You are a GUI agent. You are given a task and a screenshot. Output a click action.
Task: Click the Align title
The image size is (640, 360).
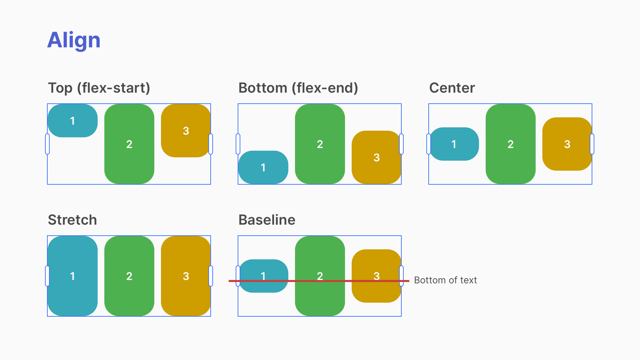pos(74,40)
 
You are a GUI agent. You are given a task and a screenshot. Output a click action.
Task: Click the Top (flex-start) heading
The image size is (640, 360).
pos(99,88)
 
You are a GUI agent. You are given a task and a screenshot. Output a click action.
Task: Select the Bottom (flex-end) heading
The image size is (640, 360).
pos(298,88)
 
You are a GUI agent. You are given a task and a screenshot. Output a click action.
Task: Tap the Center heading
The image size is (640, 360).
pos(452,88)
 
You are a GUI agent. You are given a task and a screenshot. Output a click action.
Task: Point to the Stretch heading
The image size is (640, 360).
pos(72,220)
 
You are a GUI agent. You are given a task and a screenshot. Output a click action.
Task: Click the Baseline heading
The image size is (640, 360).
pos(267,220)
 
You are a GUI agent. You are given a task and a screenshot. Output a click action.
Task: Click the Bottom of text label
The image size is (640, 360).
pos(445,280)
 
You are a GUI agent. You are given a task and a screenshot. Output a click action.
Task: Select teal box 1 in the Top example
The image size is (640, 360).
pos(73,121)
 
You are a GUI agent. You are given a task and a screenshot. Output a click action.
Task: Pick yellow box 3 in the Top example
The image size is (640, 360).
pos(186,131)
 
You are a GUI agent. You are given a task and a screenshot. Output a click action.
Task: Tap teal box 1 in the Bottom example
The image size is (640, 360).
pos(263,167)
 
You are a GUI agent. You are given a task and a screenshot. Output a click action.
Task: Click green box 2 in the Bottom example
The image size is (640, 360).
pos(320,144)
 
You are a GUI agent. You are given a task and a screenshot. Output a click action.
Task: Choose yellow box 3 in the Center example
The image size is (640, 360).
pos(567,144)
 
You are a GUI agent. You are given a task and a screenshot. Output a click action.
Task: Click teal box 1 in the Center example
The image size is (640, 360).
pos(454,144)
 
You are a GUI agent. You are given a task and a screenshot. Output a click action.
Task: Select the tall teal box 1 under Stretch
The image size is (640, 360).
pos(73,276)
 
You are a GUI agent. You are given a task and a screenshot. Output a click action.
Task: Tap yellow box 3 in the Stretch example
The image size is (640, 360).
pos(186,276)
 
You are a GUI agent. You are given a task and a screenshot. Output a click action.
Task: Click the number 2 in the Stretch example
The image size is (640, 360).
pos(129,276)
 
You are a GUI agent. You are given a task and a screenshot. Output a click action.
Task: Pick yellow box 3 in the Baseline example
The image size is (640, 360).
pos(376,267)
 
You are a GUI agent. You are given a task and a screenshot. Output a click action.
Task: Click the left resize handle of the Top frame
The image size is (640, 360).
pos(47,144)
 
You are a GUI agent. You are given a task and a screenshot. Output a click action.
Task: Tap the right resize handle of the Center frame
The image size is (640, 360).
pos(592,144)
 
